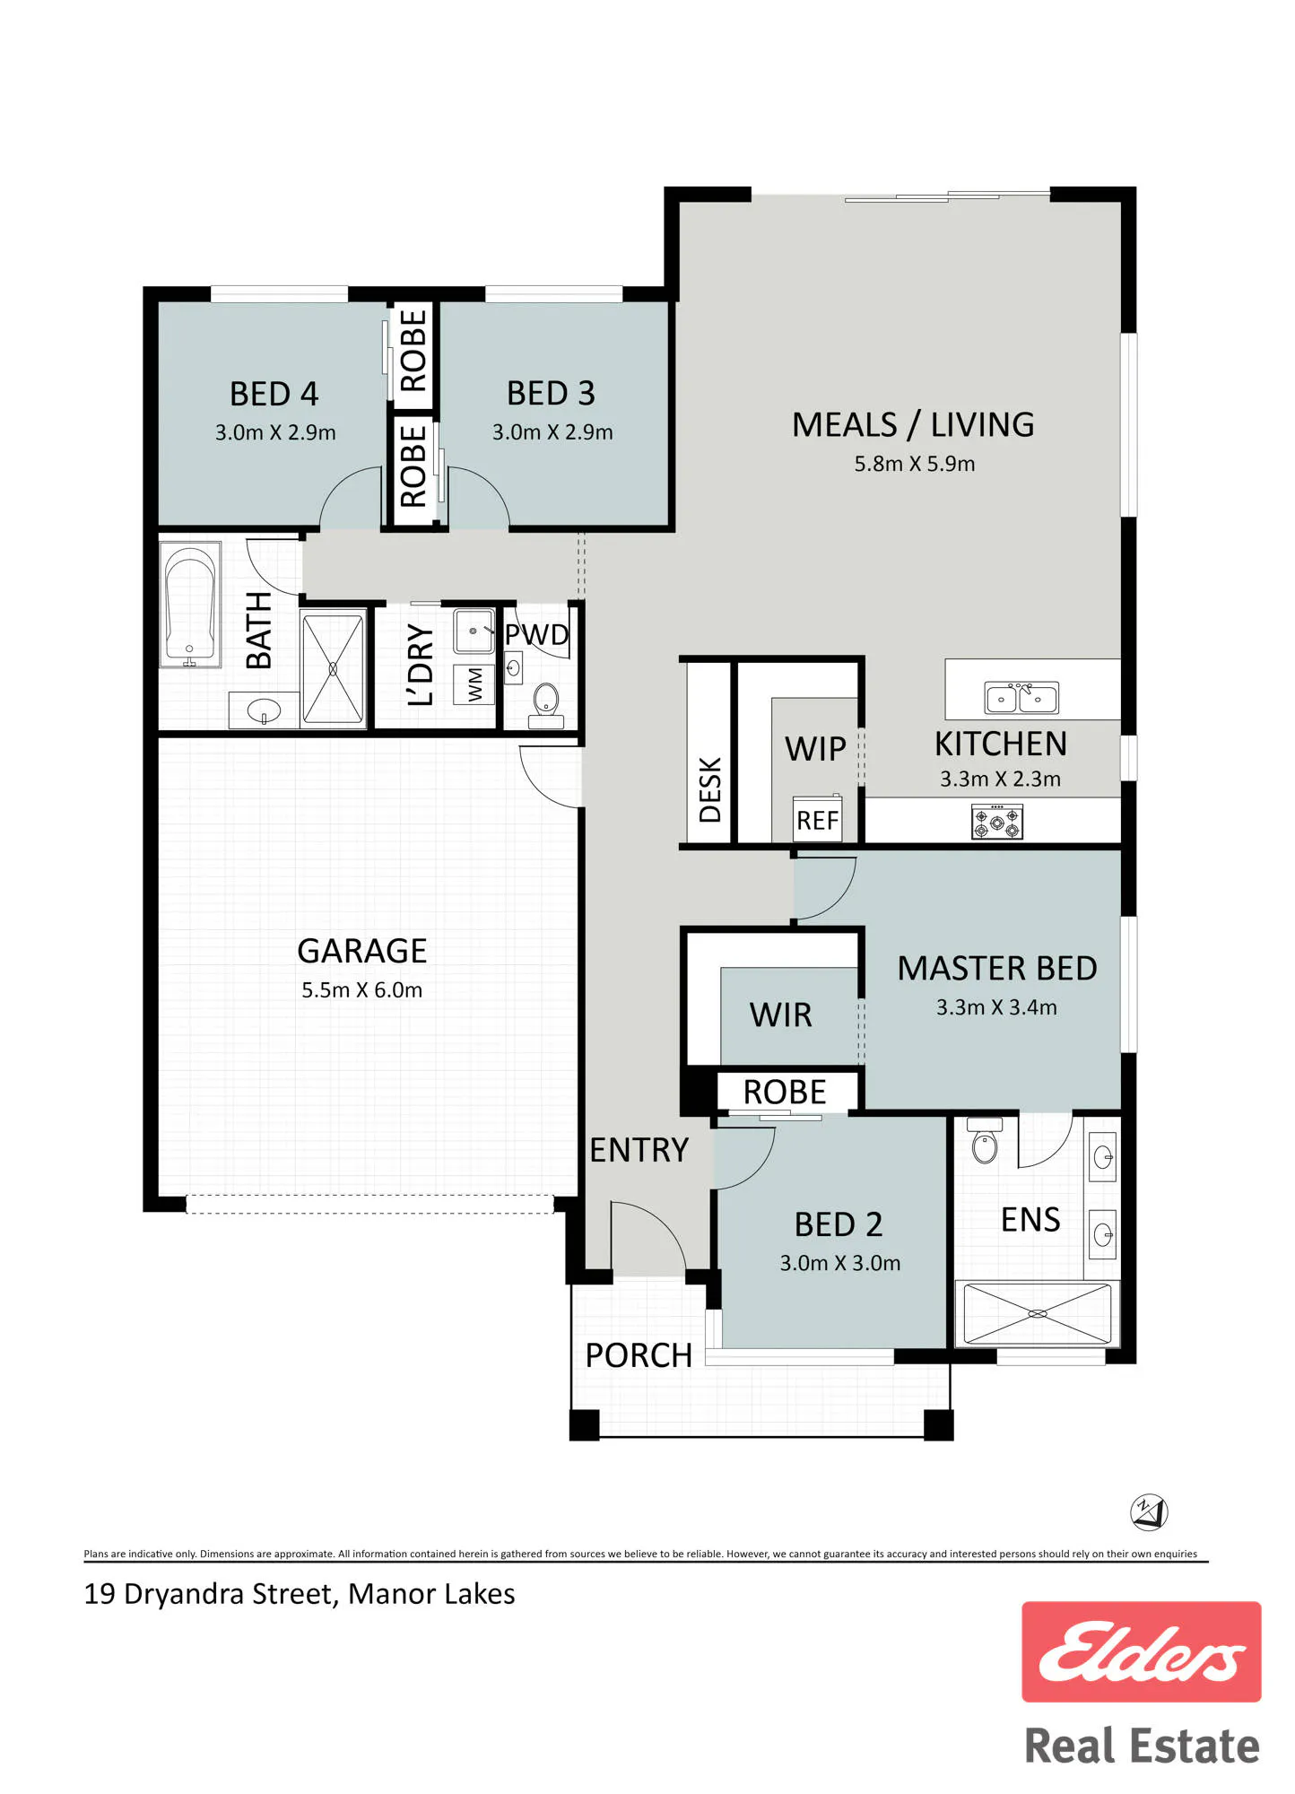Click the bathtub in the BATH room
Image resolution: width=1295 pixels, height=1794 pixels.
(x=190, y=605)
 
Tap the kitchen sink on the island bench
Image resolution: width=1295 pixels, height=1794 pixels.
(x=1021, y=697)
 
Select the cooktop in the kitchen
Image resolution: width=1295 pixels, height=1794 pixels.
(x=997, y=822)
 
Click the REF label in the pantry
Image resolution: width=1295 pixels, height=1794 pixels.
(x=818, y=820)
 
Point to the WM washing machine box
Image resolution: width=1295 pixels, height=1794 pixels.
(x=474, y=684)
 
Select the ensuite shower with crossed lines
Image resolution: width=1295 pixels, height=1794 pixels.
(x=1037, y=1314)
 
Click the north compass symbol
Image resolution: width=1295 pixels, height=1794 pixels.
(x=1149, y=1512)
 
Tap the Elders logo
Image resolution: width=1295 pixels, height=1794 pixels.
(x=1142, y=1651)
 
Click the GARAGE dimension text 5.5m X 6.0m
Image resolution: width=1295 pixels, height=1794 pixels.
(x=361, y=990)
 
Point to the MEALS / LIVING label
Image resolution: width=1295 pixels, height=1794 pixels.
(x=913, y=424)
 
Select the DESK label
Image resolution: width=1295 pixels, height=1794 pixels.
(x=709, y=789)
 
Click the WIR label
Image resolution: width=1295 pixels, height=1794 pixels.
(x=781, y=1015)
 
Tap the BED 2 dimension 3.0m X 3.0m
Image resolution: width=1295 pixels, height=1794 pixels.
(x=840, y=1263)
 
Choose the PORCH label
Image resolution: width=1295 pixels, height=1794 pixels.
(x=639, y=1355)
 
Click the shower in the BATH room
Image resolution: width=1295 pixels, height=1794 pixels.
(x=334, y=667)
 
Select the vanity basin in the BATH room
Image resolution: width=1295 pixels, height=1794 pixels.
(x=264, y=711)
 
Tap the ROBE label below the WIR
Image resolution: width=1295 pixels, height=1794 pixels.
(x=785, y=1092)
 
